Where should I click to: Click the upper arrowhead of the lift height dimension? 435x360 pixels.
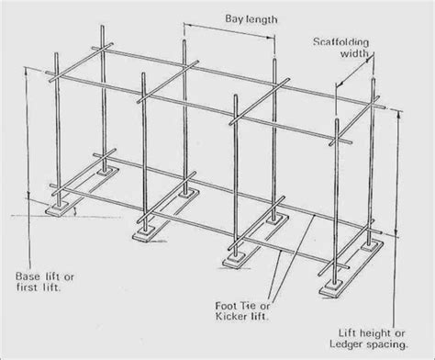click(x=401, y=113)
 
